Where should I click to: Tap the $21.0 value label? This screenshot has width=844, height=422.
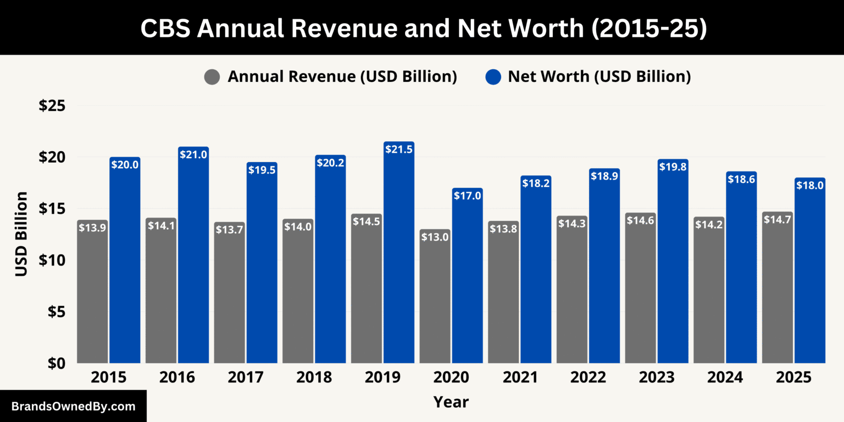coord(193,155)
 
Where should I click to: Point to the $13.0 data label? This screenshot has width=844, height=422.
coord(435,237)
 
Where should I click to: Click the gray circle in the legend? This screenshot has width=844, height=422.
coord(212,77)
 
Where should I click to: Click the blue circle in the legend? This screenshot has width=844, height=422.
coord(493,77)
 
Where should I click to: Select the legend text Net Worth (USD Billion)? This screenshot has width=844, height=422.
coord(599,77)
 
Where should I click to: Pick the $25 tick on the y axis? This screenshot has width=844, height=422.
coord(52,105)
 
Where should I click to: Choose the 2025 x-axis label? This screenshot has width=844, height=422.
coord(793,378)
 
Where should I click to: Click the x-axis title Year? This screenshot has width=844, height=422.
coord(451,402)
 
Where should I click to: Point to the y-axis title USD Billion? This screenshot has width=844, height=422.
coord(21,234)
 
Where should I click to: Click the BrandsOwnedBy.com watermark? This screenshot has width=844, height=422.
coord(73,407)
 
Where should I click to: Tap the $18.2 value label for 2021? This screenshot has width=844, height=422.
coord(536,184)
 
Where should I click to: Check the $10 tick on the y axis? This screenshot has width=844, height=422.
coord(52,260)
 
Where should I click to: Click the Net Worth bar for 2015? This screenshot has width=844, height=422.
coord(125,264)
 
